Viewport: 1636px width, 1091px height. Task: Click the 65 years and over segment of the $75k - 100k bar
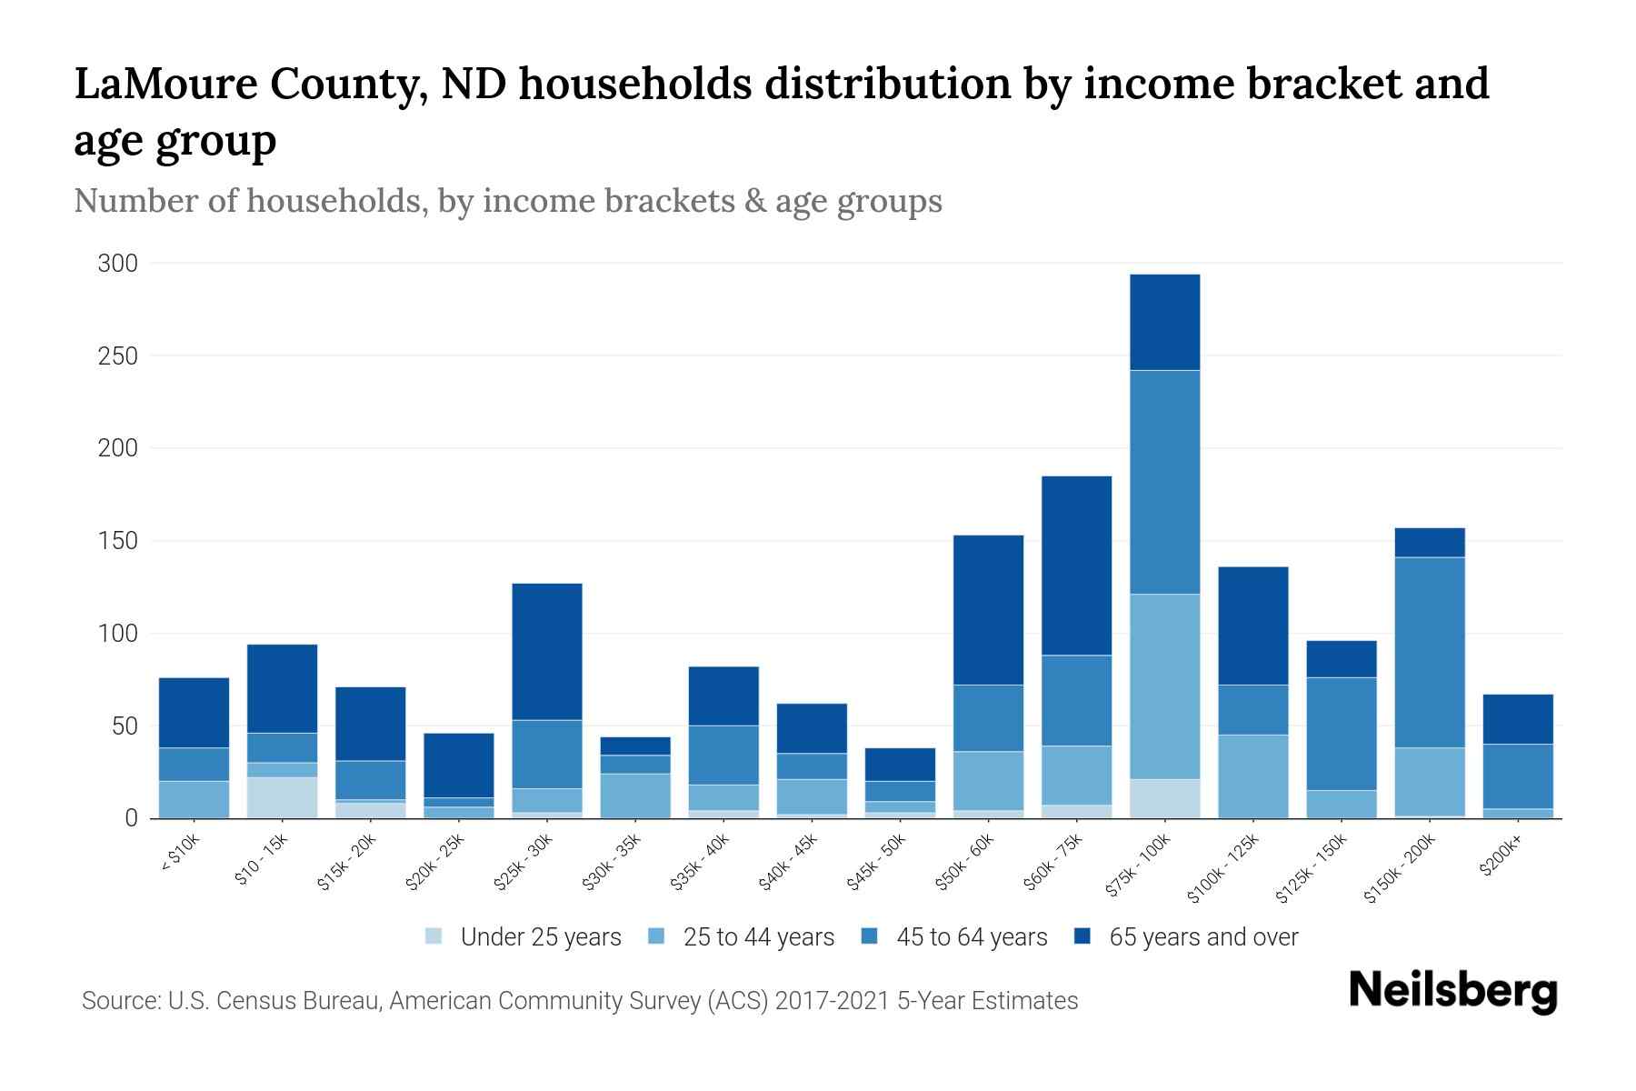pyautogui.click(x=1165, y=322)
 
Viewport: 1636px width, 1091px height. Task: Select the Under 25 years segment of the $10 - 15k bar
pyautogui.click(x=282, y=797)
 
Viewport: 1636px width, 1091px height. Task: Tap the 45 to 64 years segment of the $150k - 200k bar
pyautogui.click(x=1430, y=652)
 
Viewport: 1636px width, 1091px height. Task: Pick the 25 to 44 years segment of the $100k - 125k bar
pyautogui.click(x=1253, y=776)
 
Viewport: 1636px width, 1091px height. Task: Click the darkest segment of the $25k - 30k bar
pyautogui.click(x=547, y=651)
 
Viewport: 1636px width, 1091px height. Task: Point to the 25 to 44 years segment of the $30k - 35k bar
pyautogui.click(x=635, y=796)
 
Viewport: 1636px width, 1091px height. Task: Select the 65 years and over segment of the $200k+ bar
pyautogui.click(x=1518, y=719)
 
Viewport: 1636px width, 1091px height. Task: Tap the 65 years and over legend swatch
pyautogui.click(x=1082, y=936)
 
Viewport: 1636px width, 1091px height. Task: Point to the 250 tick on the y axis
pyautogui.click(x=118, y=356)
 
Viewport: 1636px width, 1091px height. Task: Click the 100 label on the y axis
pyautogui.click(x=118, y=634)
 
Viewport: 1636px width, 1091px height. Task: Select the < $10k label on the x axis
pyautogui.click(x=180, y=854)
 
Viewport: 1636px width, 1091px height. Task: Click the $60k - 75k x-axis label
pyautogui.click(x=1054, y=861)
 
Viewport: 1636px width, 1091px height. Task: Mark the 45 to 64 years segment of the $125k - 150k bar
pyautogui.click(x=1342, y=734)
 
